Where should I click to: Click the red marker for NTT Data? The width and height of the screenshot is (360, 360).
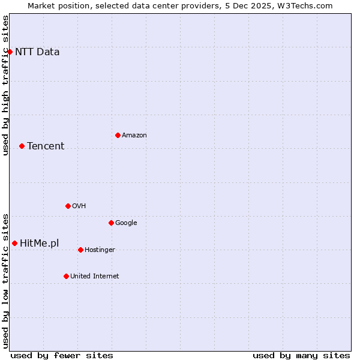(10, 52)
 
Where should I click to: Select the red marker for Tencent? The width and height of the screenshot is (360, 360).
(22, 146)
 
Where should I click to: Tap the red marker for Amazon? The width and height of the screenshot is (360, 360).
(118, 135)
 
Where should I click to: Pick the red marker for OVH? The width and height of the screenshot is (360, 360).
(68, 206)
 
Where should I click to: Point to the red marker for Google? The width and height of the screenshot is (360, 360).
(111, 223)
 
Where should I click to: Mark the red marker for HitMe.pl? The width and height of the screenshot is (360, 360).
(14, 243)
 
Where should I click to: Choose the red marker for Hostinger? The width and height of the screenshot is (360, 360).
(80, 250)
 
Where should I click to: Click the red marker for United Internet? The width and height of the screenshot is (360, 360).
(66, 276)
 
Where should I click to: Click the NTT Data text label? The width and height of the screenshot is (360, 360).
(37, 52)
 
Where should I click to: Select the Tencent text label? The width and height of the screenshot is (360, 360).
(46, 146)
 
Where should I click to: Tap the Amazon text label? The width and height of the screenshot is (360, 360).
(134, 135)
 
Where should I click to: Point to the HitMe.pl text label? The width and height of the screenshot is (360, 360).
(40, 243)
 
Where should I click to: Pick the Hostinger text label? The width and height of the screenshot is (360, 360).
(100, 250)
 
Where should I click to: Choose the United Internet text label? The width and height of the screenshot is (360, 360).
(95, 276)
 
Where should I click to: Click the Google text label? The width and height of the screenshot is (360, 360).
(126, 223)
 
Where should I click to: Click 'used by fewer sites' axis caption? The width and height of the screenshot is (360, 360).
(62, 355)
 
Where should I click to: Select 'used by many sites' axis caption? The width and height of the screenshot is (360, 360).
(301, 355)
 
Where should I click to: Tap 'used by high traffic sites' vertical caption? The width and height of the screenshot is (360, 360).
(5, 85)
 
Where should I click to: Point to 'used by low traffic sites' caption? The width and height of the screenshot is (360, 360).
(5, 280)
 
